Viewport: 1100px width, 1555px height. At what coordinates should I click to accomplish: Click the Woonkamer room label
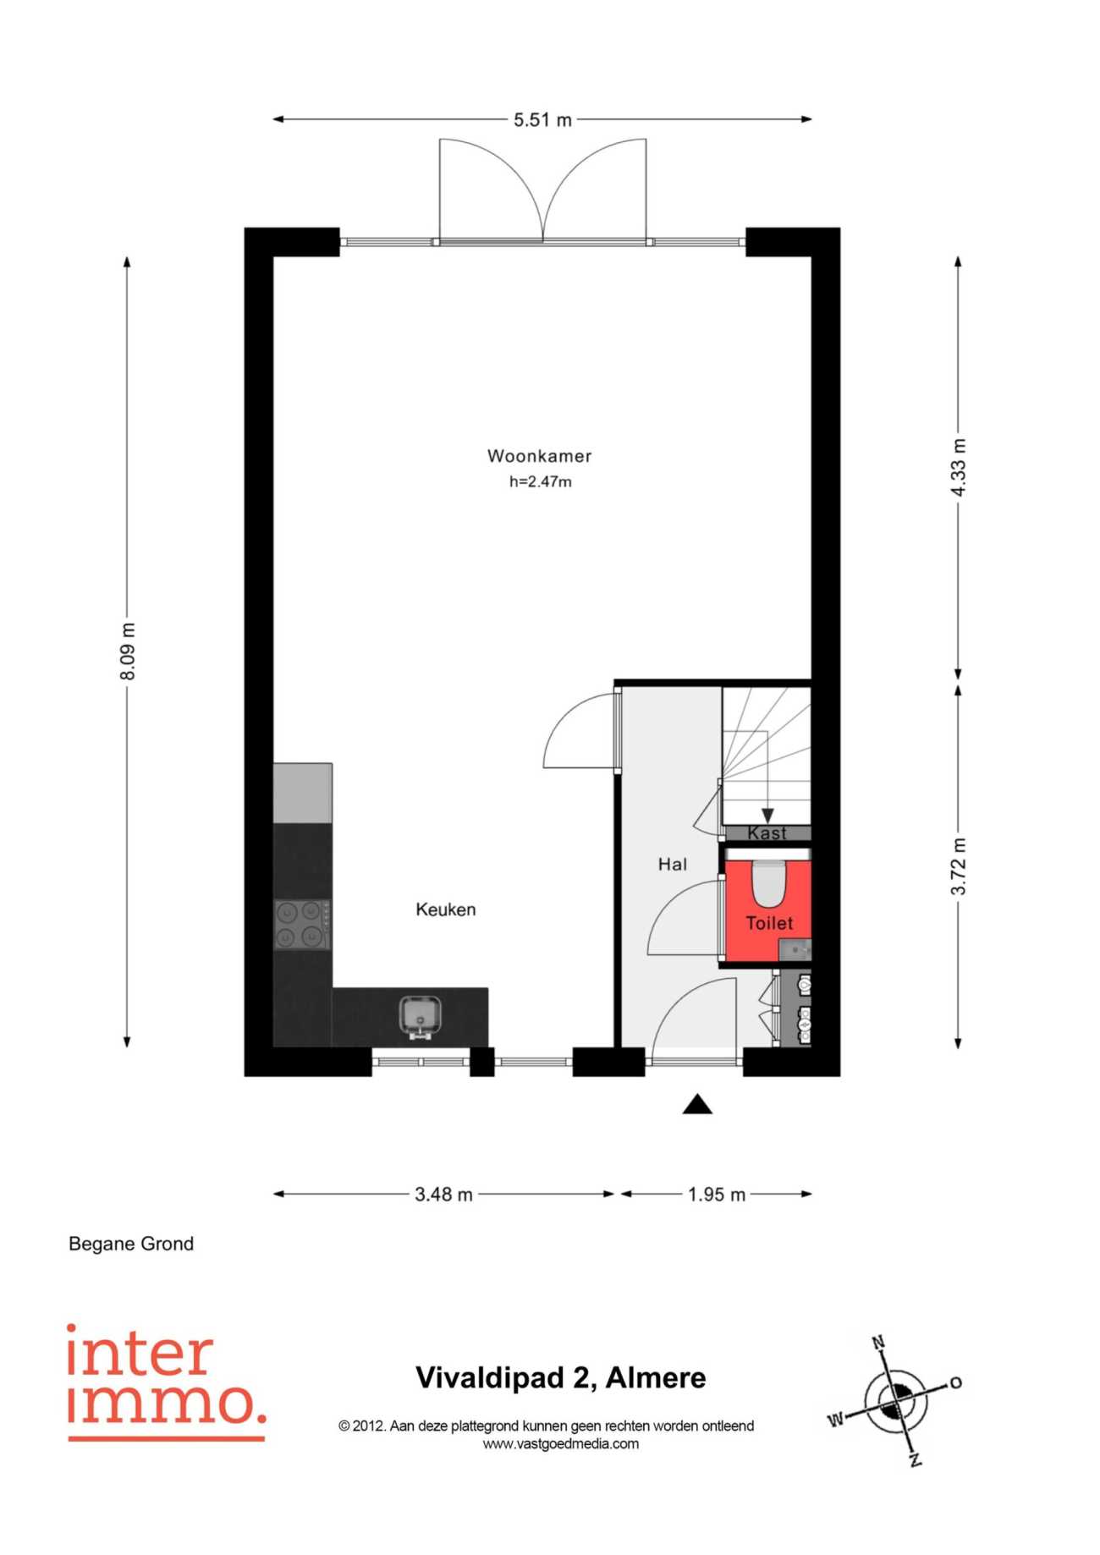539,456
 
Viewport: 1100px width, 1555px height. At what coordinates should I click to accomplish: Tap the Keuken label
446,909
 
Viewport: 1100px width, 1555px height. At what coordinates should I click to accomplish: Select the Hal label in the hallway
673,864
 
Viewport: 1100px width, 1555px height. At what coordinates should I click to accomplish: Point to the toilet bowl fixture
770,882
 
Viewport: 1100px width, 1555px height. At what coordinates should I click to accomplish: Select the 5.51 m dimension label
542,120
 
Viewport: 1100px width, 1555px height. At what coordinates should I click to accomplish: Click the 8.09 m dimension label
128,651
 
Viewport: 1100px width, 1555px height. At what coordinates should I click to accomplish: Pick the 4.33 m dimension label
958,468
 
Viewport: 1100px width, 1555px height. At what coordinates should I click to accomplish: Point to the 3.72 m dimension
958,866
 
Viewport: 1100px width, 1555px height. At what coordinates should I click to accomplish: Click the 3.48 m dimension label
443,1195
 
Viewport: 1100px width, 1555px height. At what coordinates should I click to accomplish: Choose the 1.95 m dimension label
717,1195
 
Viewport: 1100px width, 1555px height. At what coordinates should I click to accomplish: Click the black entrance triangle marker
697,1105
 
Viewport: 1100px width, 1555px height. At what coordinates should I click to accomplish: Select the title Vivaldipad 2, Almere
561,1377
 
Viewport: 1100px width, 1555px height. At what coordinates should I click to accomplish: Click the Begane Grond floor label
131,1244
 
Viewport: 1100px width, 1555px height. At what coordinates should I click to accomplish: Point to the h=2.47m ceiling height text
540,482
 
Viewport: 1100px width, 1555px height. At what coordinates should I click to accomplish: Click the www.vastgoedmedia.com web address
561,1444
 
